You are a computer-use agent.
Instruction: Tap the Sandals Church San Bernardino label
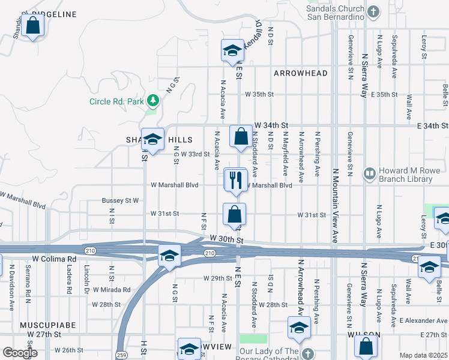(x=336, y=13)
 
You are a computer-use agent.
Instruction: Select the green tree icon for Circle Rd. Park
(x=154, y=101)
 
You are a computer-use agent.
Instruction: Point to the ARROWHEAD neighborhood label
(x=301, y=73)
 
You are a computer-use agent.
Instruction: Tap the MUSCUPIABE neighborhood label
(x=47, y=325)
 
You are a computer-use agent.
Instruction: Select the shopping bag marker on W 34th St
(x=241, y=136)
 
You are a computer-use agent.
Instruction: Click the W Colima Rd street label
(x=55, y=259)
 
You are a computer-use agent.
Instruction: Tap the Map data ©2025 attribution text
(x=423, y=355)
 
